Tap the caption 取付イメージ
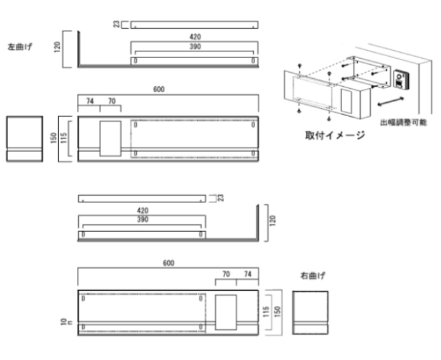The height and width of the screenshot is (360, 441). point(335,136)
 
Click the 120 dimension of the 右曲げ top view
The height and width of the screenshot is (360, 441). point(273,220)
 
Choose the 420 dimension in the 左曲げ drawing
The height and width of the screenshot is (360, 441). point(194,37)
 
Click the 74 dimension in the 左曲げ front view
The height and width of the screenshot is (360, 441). point(89,101)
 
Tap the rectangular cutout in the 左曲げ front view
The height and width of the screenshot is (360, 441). point(110,138)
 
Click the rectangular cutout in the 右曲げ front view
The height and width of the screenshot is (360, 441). point(226,313)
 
